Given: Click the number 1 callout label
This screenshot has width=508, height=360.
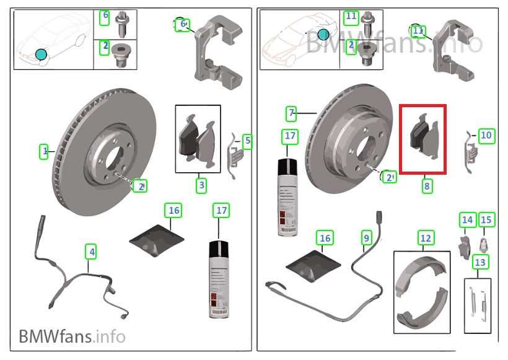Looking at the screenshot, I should click(x=44, y=151).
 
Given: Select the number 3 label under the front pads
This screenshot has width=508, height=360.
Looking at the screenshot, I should click(x=202, y=184).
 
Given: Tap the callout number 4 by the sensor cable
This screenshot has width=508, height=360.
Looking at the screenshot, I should click(x=92, y=252).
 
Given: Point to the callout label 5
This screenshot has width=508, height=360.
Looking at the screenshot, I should click(x=247, y=141).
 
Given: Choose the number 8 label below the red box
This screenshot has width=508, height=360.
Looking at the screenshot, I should click(x=426, y=184).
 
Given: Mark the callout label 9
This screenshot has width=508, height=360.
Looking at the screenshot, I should click(x=366, y=237).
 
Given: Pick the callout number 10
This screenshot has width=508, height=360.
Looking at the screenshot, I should click(x=486, y=134).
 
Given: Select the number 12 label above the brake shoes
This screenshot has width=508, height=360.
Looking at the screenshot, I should click(x=425, y=237).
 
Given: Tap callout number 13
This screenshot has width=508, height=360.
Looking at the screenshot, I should click(x=479, y=262).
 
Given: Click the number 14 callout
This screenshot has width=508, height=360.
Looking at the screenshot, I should click(x=467, y=220).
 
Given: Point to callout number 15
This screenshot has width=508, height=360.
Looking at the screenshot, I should click(x=486, y=220).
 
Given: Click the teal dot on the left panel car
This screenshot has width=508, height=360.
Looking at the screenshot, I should click(x=41, y=55).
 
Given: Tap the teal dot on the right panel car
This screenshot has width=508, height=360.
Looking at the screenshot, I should click(x=323, y=35).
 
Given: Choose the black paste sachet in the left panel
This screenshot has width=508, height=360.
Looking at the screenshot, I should click(x=158, y=239).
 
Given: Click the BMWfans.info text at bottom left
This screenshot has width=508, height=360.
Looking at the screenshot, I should click(x=72, y=336).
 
